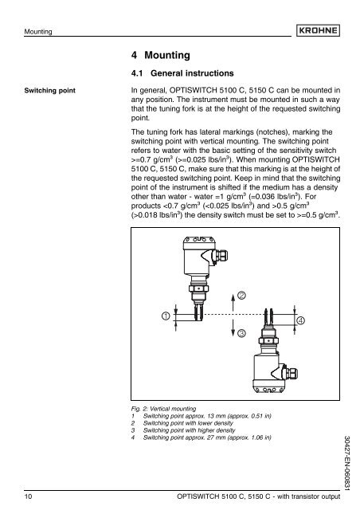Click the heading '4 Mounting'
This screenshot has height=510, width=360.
pyautogui.click(x=166, y=57)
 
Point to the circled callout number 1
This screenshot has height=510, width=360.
pyautogui.click(x=166, y=316)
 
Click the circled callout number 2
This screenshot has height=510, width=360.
pyautogui.click(x=241, y=296)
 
